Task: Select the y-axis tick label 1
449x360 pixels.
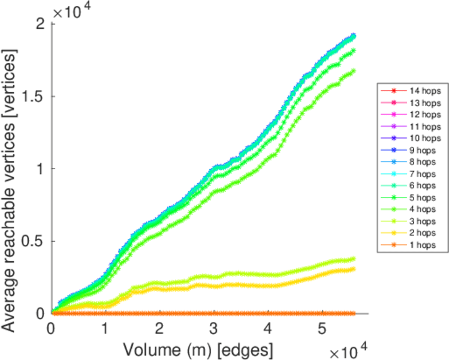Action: click(x=41, y=169)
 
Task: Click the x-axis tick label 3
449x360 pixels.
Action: click(x=214, y=328)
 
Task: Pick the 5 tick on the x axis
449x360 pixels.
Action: click(x=322, y=328)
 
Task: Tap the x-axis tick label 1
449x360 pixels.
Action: click(x=106, y=328)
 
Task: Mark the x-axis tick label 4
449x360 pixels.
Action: click(x=268, y=328)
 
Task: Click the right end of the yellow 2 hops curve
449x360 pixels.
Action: click(x=354, y=268)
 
